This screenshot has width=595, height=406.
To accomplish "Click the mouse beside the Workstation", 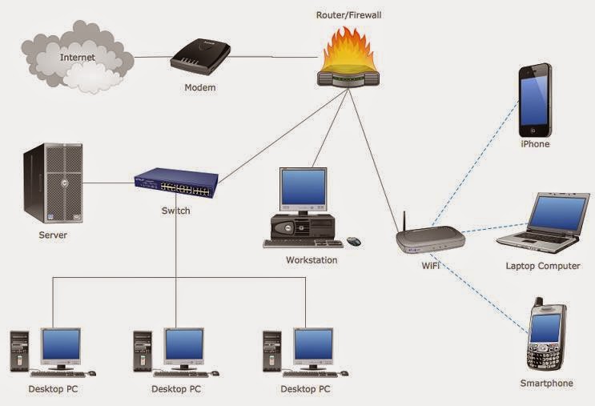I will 353,240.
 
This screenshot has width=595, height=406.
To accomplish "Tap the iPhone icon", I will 534,99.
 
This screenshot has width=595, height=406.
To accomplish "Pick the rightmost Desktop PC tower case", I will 272,349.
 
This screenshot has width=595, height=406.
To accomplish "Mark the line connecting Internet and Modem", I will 152,58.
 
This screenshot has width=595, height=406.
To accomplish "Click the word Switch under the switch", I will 175,211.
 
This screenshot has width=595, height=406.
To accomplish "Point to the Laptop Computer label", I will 543,266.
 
